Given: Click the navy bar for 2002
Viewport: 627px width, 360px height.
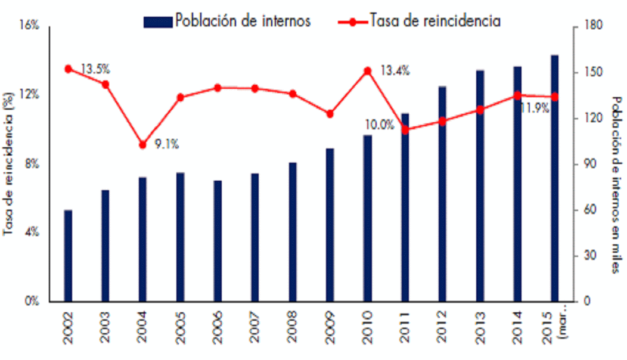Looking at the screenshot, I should (68, 256).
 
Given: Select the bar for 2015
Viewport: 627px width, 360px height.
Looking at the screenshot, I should (555, 178).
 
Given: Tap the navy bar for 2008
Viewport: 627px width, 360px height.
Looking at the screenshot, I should (292, 232).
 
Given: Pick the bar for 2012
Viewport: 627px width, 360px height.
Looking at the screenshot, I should (442, 194).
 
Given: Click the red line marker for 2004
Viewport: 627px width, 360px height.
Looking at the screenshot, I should (142, 145).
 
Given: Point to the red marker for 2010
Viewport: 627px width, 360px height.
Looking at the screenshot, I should (368, 71).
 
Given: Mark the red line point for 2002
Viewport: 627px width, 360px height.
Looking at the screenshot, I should (68, 69).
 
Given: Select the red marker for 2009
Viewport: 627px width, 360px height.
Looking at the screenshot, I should (330, 114).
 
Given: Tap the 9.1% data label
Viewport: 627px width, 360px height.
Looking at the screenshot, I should (167, 144).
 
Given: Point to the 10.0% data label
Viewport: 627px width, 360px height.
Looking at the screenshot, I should (379, 125).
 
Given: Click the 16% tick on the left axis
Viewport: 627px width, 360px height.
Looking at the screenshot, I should (30, 26).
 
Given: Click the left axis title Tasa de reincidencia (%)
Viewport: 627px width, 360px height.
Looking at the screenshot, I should (8, 164).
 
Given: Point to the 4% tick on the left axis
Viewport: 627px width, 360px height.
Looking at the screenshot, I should (32, 232).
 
